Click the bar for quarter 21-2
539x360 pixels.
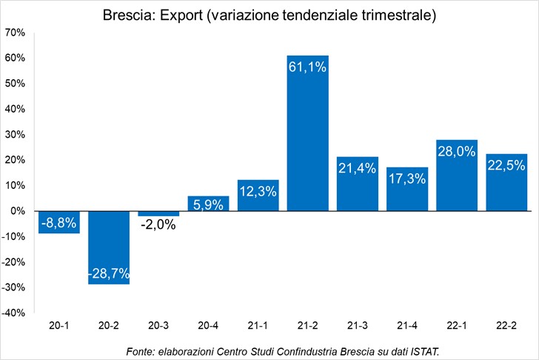[x=308, y=133]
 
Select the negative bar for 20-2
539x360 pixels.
[x=109, y=247]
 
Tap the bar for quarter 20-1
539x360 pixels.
[x=59, y=222]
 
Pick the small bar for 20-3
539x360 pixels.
[x=158, y=213]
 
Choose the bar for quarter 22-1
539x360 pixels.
[x=457, y=176]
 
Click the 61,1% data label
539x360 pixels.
[x=307, y=67]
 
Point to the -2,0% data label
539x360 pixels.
[x=158, y=225]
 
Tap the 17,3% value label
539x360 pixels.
[x=407, y=179]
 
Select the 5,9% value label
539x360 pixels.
[x=208, y=205]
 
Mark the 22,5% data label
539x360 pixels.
[x=506, y=166]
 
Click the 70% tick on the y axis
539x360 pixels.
[x=15, y=33]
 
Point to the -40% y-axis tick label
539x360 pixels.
[x=13, y=313]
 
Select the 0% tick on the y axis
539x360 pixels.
[x=18, y=211]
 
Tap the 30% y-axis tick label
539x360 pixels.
[x=15, y=134]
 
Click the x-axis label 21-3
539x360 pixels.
[x=357, y=325]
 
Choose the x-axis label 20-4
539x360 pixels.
[x=208, y=325]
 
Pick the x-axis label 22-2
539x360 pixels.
[x=506, y=325]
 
